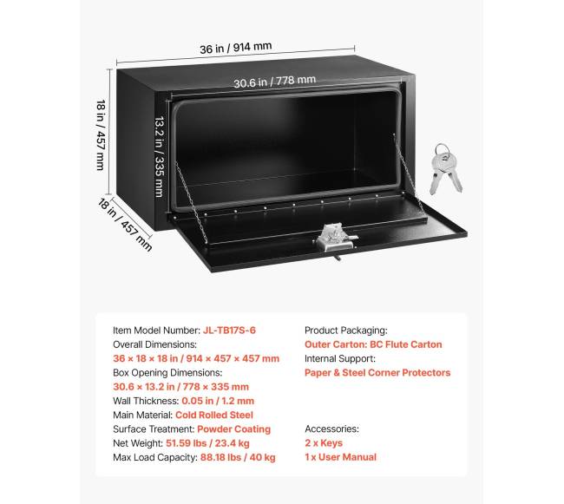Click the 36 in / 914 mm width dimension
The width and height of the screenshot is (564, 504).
[x=236, y=48]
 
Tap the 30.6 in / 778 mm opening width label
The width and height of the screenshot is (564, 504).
[x=274, y=82]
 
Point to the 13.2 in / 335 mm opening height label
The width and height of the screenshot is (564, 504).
[x=160, y=156]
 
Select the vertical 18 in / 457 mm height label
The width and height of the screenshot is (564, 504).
[x=101, y=134]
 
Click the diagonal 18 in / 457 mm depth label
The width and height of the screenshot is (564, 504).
[x=125, y=225]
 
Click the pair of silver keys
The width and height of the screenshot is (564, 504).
[x=445, y=169]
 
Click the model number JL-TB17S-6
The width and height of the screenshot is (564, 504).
[x=229, y=330]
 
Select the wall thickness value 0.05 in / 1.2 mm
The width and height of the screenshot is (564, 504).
[x=218, y=401]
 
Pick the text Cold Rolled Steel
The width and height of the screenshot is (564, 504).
[x=214, y=415]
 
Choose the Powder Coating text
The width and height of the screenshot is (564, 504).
[x=233, y=429]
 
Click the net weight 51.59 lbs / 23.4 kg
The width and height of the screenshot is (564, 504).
[x=207, y=443]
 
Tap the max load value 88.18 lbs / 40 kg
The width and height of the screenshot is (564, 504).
[x=238, y=457]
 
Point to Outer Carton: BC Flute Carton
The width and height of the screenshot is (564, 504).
[x=373, y=344]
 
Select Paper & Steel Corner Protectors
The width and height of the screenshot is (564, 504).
[x=377, y=372]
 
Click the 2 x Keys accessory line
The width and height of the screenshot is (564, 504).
[x=324, y=443]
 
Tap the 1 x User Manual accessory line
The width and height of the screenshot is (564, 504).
[x=341, y=457]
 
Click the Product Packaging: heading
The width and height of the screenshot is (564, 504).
[x=346, y=331]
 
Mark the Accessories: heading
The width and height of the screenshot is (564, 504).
[x=332, y=429]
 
